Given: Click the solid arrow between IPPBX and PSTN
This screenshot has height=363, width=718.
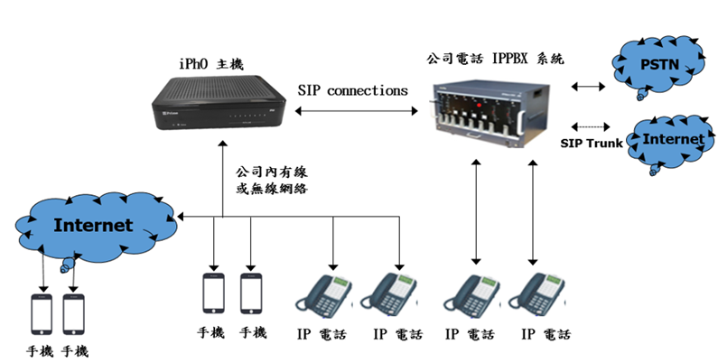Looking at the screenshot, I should [589, 88].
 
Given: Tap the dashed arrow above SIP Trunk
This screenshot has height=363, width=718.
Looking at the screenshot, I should [588, 127].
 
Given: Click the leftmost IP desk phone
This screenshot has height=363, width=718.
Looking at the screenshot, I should [326, 295].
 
